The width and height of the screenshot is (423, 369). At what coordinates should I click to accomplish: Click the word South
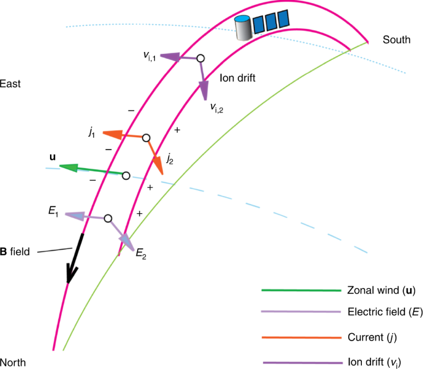pyautogui.click(x=396, y=40)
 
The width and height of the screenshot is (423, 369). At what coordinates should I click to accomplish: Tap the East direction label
pyautogui.click(x=10, y=83)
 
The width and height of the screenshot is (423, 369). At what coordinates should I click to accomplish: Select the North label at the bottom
pyautogui.click(x=13, y=362)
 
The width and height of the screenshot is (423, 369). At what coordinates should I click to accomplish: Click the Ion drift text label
pyautogui.click(x=238, y=78)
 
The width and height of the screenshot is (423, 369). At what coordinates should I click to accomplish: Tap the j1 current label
pyautogui.click(x=91, y=132)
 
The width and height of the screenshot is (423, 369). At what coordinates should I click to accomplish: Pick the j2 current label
pyautogui.click(x=169, y=159)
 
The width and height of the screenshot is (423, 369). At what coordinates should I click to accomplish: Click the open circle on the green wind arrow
pyautogui.click(x=126, y=176)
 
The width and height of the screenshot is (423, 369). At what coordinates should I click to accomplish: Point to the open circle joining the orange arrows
pyautogui.click(x=146, y=138)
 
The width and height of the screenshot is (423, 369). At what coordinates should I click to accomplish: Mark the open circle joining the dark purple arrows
pyautogui.click(x=200, y=58)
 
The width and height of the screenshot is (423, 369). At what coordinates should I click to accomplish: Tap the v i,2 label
pyautogui.click(x=217, y=108)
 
